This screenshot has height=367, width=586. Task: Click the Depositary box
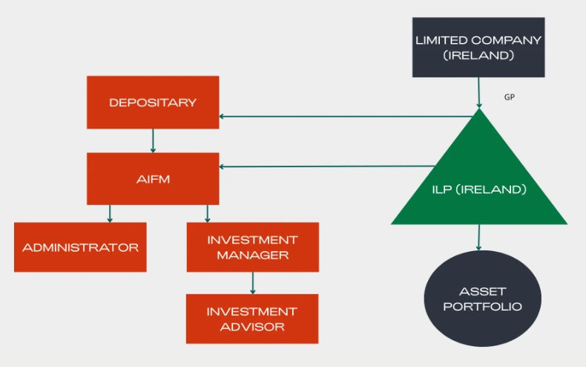[x=153, y=103]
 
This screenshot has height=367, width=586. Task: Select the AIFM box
[x=153, y=178]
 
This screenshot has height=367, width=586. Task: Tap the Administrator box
[x=80, y=247]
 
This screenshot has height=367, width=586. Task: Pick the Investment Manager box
[x=252, y=247]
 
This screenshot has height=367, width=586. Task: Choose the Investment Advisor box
[x=252, y=319]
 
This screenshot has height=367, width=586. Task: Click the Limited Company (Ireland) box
[x=478, y=47]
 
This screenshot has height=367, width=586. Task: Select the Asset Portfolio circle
[x=478, y=299]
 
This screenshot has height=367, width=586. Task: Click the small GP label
[x=510, y=98]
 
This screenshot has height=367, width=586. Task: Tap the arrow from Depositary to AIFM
[x=153, y=140]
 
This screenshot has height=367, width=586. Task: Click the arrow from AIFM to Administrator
[x=110, y=213]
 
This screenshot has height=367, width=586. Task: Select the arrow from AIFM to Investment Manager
[x=207, y=213]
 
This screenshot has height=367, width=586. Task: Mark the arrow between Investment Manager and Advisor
[x=253, y=283]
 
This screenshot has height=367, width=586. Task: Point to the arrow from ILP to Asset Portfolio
[x=478, y=237]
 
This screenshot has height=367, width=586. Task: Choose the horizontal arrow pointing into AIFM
[x=326, y=166]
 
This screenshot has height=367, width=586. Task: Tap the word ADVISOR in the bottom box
[x=252, y=326]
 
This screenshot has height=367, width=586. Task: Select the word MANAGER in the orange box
[x=252, y=256]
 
